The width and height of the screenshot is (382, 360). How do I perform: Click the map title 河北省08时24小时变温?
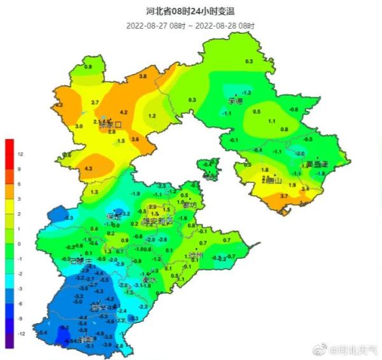[x=190, y=11]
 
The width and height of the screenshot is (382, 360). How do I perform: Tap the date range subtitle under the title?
[x=190, y=25]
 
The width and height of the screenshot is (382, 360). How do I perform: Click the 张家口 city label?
[x=110, y=125]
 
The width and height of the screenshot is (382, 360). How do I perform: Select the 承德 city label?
[x=236, y=101]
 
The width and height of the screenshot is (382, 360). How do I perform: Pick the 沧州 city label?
[x=196, y=255]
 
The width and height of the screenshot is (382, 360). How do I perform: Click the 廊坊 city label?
[x=190, y=205]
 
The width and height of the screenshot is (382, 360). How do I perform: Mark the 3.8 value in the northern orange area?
[x=143, y=76]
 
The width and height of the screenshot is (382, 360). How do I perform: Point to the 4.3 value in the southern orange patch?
[x=88, y=168]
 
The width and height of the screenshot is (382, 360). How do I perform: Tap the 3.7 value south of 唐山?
[x=284, y=196]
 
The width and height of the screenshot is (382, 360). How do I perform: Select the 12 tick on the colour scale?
[x=20, y=155]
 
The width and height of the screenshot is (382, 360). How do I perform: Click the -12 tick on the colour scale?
[x=20, y=333]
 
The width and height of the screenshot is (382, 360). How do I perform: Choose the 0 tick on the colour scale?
[x=20, y=244]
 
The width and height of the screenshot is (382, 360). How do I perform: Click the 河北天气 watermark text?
[x=356, y=349]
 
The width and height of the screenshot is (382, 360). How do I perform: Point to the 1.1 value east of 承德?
[x=272, y=121]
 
